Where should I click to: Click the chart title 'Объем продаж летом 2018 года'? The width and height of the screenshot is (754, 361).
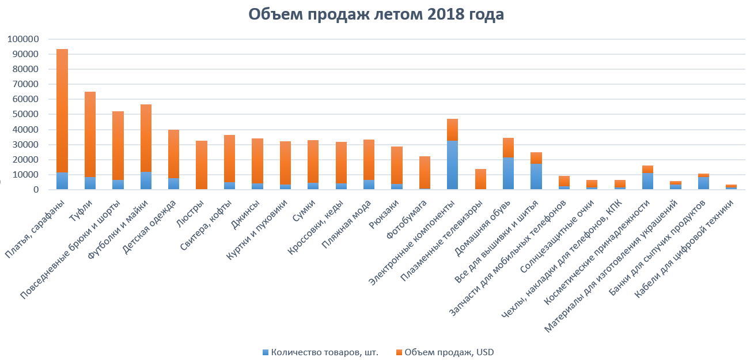(x=376, y=14)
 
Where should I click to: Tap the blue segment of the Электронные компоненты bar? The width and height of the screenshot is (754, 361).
(x=453, y=165)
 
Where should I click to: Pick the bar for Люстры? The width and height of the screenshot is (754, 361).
(x=202, y=165)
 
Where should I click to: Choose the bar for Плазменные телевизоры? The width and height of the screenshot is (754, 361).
(x=480, y=179)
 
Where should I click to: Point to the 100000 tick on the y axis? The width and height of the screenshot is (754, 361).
(x=23, y=39)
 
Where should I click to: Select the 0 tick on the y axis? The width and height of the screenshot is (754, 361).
(x=36, y=190)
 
